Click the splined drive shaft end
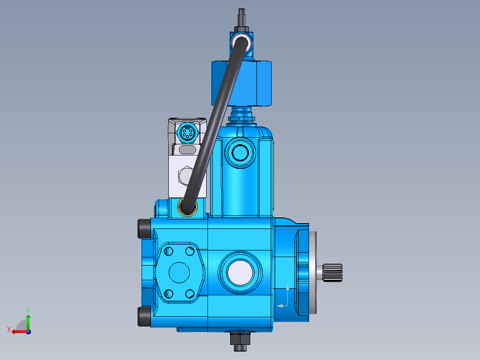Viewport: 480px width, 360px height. click(332, 272)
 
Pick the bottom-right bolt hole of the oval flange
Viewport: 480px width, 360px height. click(190, 293)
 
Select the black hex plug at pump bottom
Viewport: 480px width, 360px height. click(240, 340)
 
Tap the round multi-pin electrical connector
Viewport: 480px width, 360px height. click(187, 132)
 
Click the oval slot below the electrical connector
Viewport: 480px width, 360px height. click(187, 151)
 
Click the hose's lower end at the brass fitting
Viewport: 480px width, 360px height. click(187, 206)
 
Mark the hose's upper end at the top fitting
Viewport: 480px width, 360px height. click(241, 43)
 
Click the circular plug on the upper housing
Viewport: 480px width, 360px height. click(240, 153)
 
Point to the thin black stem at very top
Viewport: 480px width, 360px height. click(241, 17)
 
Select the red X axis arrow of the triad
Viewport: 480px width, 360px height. click(17, 331)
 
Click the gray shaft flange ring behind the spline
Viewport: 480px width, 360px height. click(315, 272)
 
